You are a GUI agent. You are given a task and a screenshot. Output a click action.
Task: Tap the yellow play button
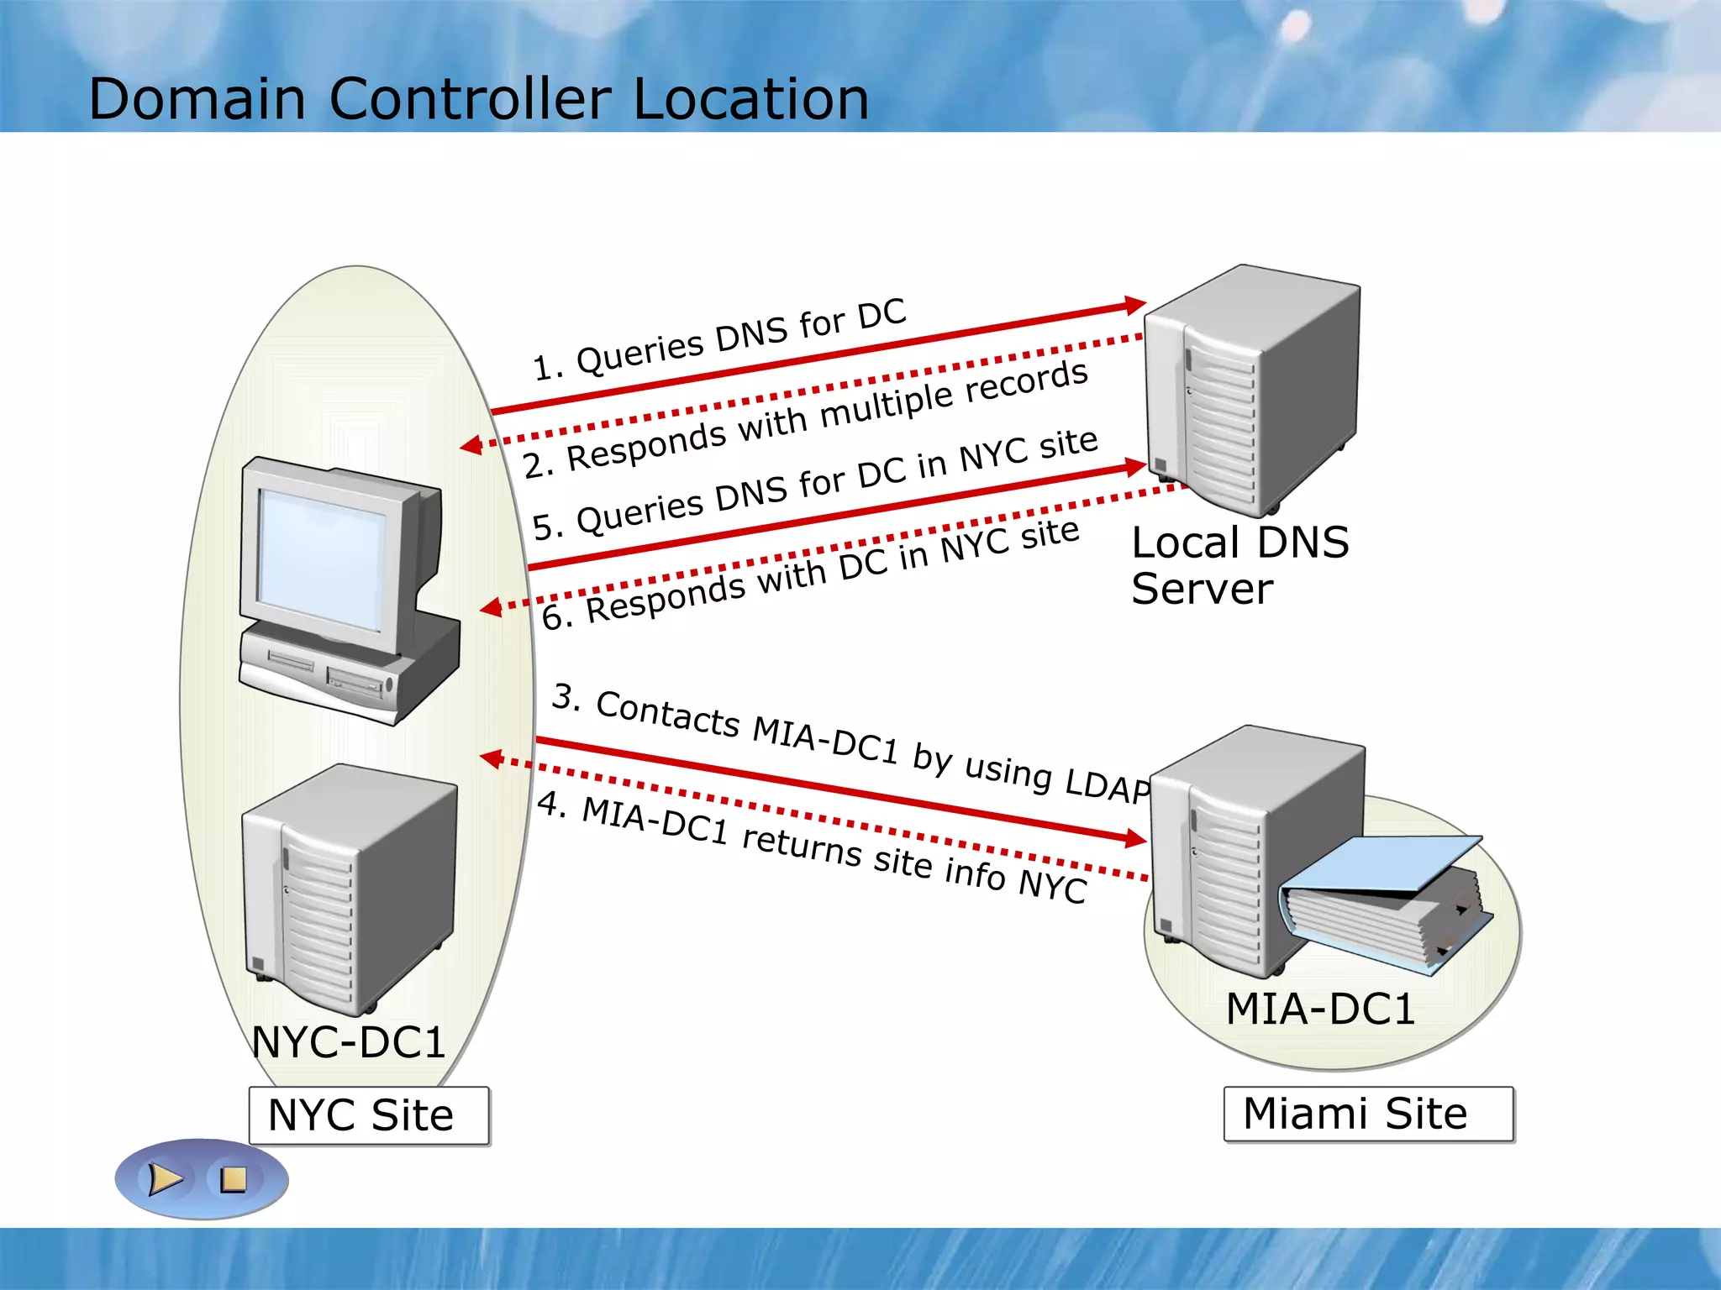coord(165,1179)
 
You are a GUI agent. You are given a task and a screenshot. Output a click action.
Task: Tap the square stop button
coord(233,1180)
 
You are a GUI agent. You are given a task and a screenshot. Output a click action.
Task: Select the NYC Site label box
coord(369,1115)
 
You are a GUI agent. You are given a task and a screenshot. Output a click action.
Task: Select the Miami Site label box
coord(1367,1114)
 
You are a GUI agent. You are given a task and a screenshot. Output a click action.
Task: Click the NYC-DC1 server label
coord(349,1042)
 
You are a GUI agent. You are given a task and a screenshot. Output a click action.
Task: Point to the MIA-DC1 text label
coord(1320,1009)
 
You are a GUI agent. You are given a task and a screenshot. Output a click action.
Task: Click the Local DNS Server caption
coord(1239,565)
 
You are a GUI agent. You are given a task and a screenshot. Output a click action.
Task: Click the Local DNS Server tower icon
coord(1252,391)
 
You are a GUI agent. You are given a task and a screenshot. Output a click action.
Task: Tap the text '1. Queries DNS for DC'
coord(720,339)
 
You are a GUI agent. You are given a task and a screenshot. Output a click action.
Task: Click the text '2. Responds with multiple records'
coord(805,418)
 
